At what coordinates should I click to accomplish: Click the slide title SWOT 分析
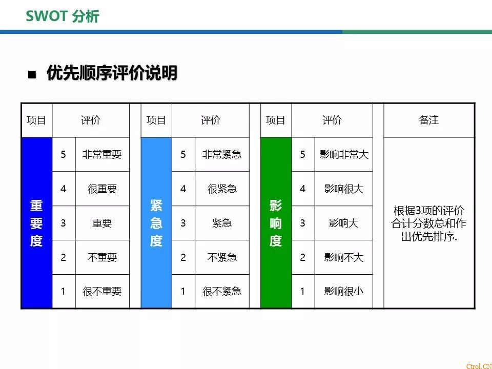(x=63, y=16)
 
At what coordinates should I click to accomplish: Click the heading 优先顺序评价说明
(x=112, y=73)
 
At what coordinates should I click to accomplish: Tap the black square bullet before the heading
(x=32, y=74)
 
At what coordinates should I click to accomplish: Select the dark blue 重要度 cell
(x=36, y=223)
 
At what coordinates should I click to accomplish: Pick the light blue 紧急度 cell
(x=156, y=223)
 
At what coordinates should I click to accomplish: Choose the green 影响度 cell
(x=276, y=223)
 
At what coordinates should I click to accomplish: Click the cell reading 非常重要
(x=102, y=154)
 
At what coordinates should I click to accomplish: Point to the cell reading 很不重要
(x=102, y=292)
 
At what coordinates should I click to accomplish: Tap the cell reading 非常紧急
(x=222, y=154)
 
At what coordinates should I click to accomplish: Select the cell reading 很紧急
(x=222, y=189)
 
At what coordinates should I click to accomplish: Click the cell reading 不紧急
(x=222, y=257)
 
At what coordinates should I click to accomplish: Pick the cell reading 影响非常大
(x=344, y=154)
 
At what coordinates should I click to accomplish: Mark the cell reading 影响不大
(x=344, y=257)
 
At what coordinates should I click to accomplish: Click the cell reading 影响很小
(x=344, y=292)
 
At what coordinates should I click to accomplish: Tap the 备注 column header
(x=429, y=120)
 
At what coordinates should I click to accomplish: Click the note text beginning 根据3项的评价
(x=429, y=223)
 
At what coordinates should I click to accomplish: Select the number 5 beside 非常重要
(x=64, y=154)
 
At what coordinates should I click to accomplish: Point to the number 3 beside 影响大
(x=303, y=223)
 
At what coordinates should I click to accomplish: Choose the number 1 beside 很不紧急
(x=183, y=292)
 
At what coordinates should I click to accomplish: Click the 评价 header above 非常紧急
(x=211, y=120)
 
